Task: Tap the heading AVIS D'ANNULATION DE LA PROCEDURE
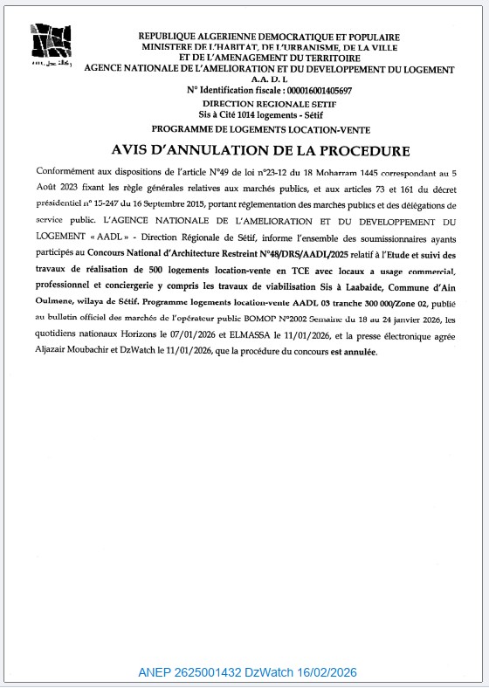coord(249,150)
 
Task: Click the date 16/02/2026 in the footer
coord(323,673)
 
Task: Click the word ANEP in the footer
coord(154,673)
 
